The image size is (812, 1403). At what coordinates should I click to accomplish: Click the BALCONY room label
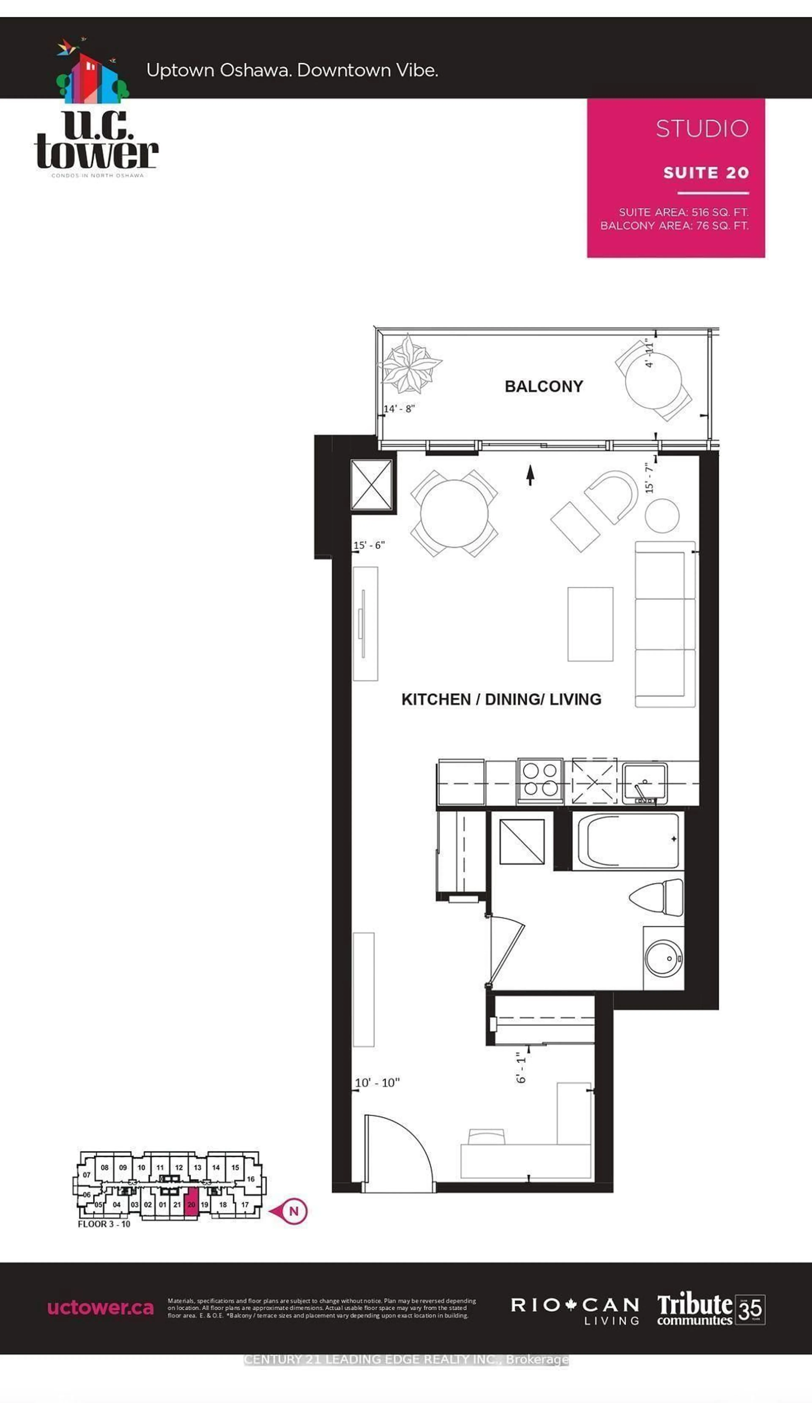544,386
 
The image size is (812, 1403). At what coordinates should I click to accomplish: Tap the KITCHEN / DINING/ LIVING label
501,699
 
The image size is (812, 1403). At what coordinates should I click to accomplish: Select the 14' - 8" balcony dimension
399,409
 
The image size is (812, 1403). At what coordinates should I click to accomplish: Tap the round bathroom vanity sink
663,958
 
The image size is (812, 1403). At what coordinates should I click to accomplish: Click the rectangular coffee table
590,624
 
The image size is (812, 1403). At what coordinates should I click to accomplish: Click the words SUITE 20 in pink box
706,173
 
